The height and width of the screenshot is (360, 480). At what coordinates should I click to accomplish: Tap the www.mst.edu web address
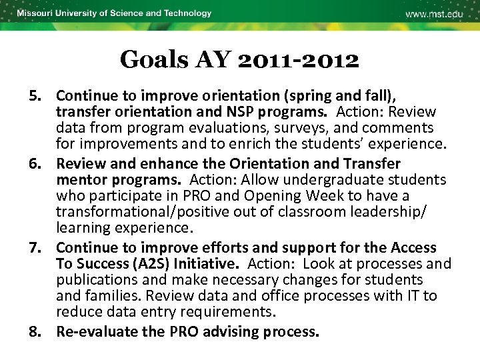tap(434, 14)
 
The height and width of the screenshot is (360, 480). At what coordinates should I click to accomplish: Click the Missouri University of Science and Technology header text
tap(114, 13)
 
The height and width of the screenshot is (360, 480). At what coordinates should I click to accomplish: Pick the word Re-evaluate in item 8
tap(95, 332)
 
